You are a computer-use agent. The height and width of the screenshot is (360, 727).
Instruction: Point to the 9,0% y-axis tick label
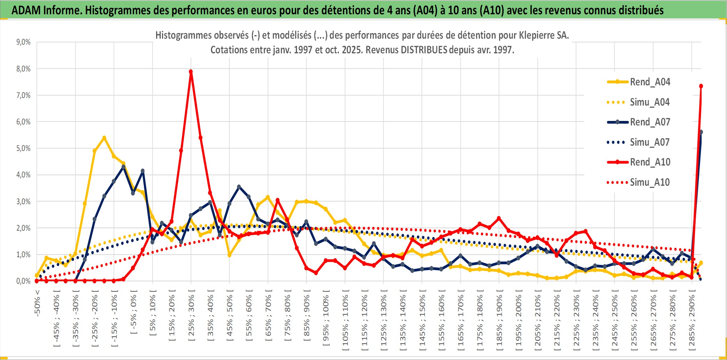pyautogui.click(x=23, y=42)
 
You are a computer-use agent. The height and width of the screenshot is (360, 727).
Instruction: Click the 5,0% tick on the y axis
pyautogui.click(x=23, y=148)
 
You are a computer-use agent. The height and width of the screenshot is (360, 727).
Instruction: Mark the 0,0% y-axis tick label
pyautogui.click(x=23, y=281)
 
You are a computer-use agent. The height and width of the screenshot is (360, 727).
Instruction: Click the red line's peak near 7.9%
pyautogui.click(x=191, y=71)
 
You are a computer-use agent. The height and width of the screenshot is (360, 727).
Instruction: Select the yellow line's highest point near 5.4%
pyautogui.click(x=104, y=138)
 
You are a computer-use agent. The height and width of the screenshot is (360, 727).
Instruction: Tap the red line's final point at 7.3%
pyautogui.click(x=701, y=86)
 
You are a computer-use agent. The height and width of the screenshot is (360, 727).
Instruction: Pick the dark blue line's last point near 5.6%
pyautogui.click(x=701, y=132)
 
